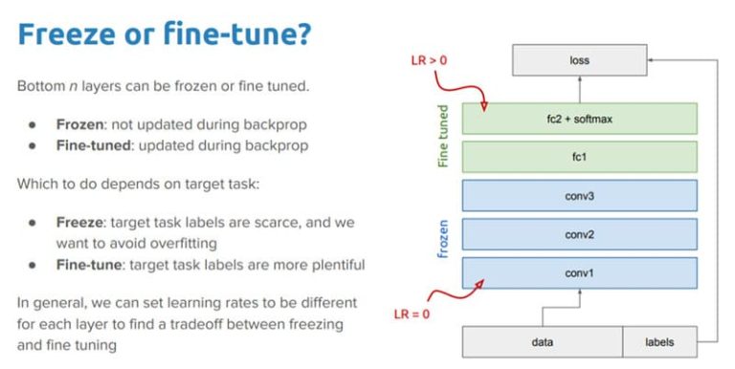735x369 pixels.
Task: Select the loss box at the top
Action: click(x=578, y=60)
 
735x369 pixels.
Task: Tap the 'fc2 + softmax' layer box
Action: click(x=578, y=119)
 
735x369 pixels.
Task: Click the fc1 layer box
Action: click(x=578, y=156)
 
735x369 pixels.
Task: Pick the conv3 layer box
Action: click(x=578, y=195)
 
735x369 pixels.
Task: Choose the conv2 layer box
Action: click(x=578, y=233)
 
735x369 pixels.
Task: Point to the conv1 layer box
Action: click(x=578, y=271)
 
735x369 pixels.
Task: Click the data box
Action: click(x=543, y=341)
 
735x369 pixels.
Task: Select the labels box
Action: click(x=659, y=341)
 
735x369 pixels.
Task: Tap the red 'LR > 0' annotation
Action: click(x=422, y=62)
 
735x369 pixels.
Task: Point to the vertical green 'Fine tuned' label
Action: click(x=444, y=138)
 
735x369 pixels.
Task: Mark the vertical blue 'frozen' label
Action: click(x=444, y=235)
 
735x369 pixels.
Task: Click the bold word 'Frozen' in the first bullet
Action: click(x=79, y=125)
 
